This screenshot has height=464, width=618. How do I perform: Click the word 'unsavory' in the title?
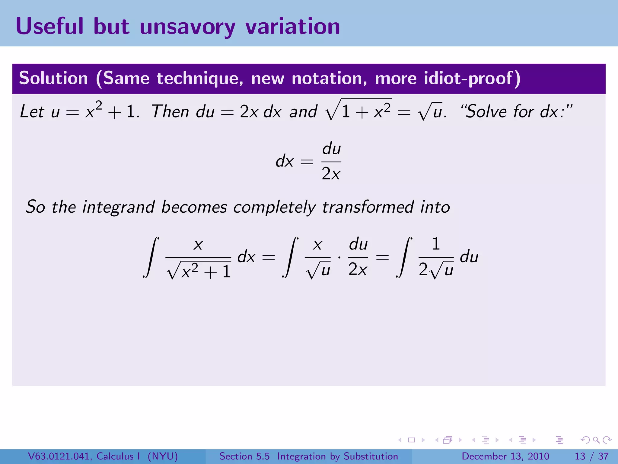coord(187,27)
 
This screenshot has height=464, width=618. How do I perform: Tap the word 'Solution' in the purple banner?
coord(53,78)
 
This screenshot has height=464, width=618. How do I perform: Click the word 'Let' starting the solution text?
coord(32,111)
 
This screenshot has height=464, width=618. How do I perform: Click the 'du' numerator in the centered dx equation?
coord(331,149)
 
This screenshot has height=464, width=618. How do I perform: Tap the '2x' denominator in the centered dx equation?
coord(331,174)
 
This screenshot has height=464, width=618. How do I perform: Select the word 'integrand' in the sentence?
coord(119,207)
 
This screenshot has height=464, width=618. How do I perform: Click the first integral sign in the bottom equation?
coord(151,257)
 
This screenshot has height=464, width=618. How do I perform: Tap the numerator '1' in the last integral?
coord(436,244)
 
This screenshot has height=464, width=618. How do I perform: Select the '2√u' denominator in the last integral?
coord(436,270)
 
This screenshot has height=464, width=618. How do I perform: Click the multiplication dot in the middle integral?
coord(339,258)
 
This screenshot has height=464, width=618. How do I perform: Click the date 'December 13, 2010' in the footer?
coord(505,456)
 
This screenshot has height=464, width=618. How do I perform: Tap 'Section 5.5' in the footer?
coord(244,456)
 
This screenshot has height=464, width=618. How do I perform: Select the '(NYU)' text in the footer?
coord(163,456)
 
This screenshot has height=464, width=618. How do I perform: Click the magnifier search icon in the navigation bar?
coord(596,440)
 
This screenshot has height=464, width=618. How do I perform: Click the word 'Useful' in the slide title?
coord(49,27)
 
